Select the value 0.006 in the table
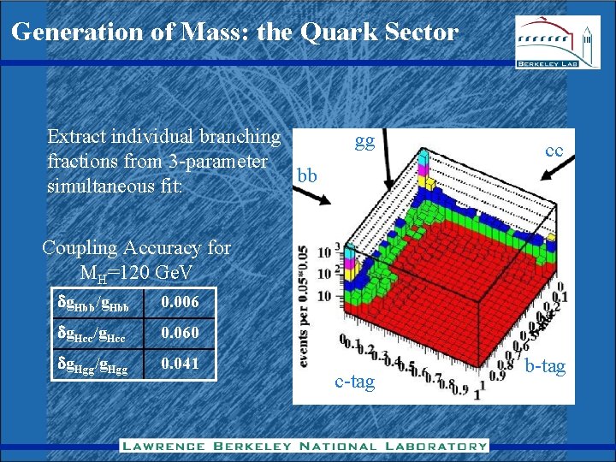181,302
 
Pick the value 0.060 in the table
181,333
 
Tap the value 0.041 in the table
181,364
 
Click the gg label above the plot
365,142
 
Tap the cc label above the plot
554,151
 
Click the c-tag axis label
355,382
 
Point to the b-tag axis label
545,366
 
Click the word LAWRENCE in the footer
163,445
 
